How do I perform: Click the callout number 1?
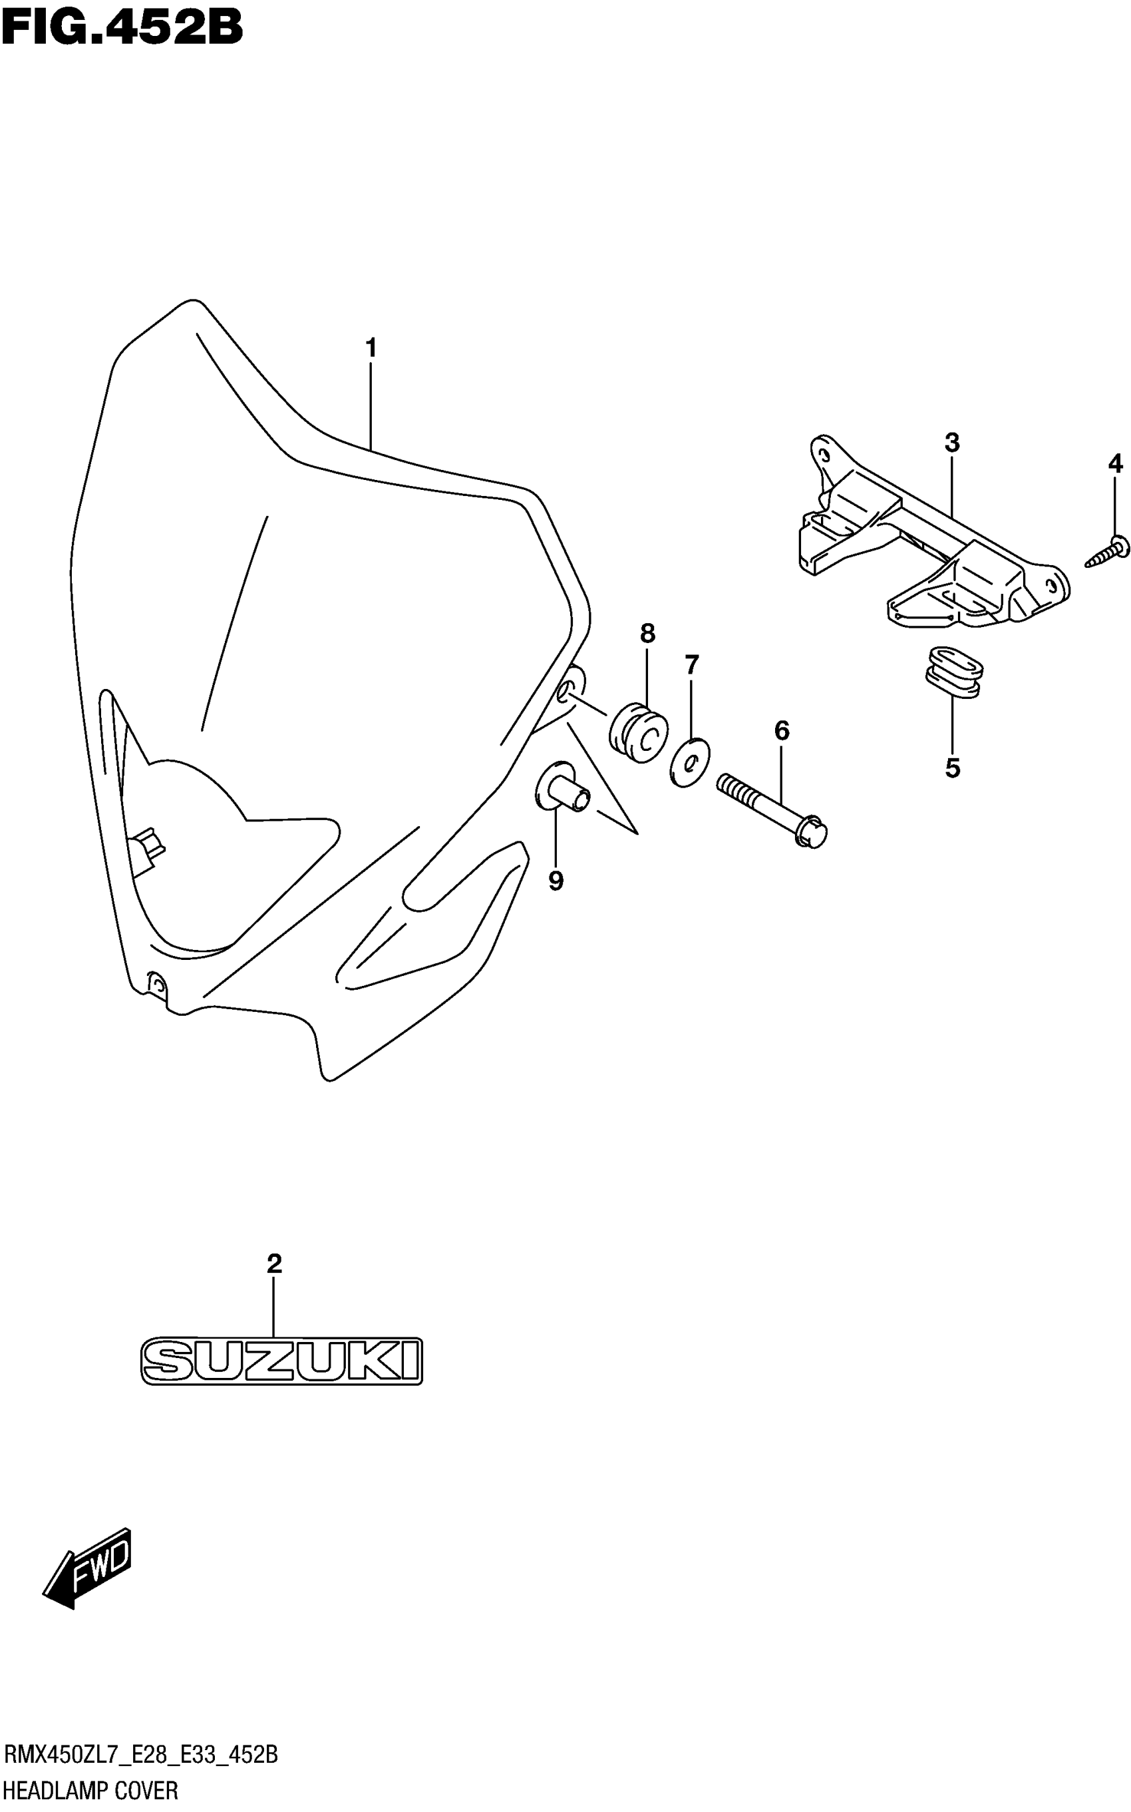[x=371, y=348]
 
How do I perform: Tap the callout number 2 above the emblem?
[x=275, y=1264]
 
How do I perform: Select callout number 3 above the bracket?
[x=951, y=443]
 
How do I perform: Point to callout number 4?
[x=1115, y=464]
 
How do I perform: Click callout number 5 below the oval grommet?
[x=952, y=768]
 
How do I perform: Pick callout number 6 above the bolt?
[x=782, y=730]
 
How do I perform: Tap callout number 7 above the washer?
[x=692, y=664]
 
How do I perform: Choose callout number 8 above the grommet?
[x=648, y=634]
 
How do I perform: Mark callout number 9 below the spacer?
[x=556, y=881]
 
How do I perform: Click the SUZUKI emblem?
[x=282, y=1360]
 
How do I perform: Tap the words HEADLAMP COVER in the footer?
[x=91, y=1791]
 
